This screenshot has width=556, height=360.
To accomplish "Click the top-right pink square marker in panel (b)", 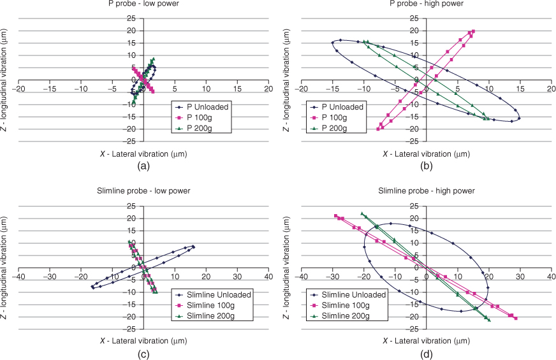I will pos(473,31).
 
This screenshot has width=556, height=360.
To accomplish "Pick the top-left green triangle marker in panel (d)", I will pos(362,213).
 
